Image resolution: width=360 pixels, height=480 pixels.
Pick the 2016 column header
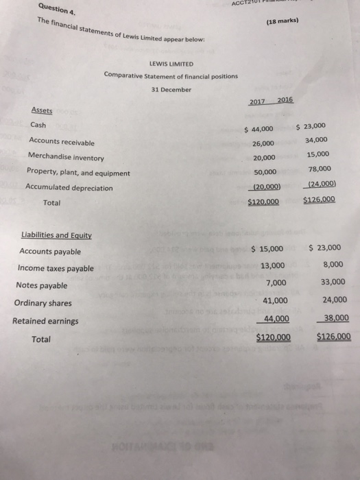[285, 99]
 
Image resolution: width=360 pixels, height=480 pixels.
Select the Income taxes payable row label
[56, 268]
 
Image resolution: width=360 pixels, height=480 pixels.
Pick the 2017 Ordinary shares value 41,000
[274, 300]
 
